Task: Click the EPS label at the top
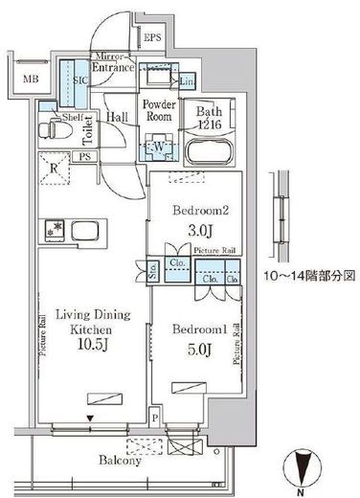pos(152,37)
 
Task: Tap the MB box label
pos(32,80)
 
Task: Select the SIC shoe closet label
pos(81,81)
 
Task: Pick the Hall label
pos(118,117)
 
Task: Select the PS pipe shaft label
pos(86,157)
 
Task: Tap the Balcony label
pos(119,461)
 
